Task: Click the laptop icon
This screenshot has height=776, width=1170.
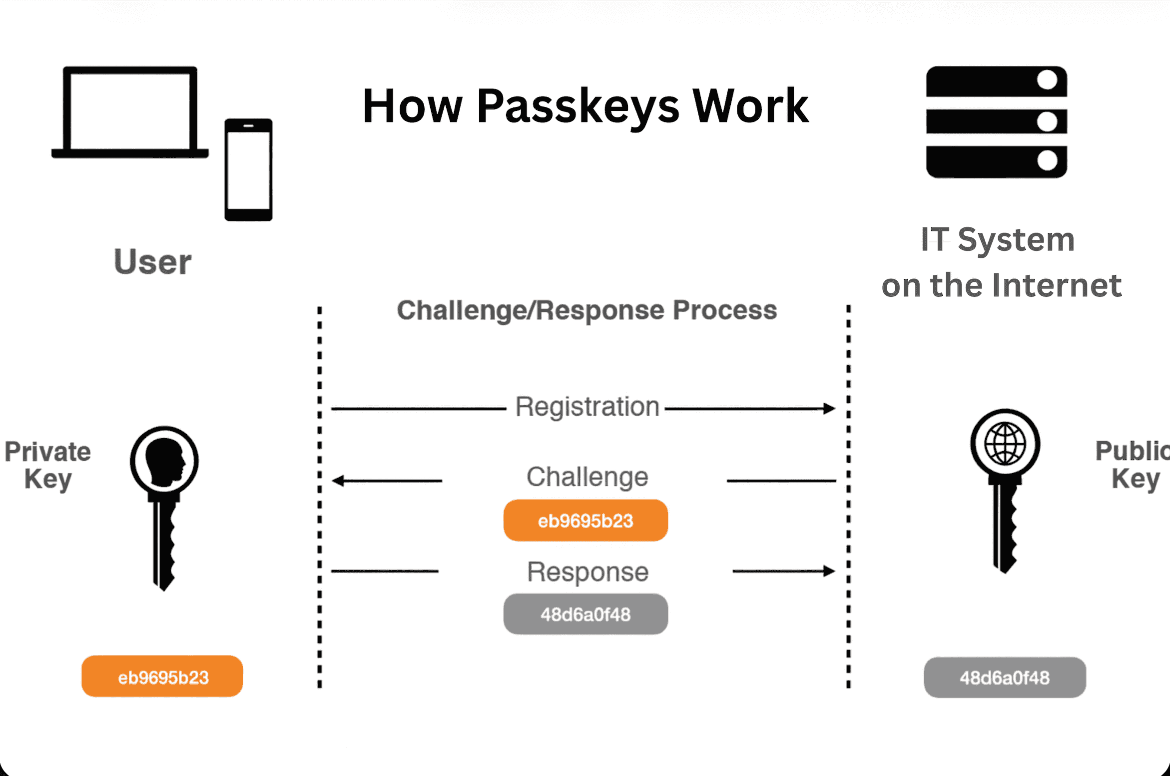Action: (130, 112)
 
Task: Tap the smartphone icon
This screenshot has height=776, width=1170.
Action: (248, 170)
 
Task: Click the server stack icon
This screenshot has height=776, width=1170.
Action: (996, 122)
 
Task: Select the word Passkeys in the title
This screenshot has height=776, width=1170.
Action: (578, 106)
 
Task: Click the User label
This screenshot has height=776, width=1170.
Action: (152, 262)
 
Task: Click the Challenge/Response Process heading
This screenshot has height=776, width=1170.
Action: (586, 310)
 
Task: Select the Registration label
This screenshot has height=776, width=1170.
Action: (587, 407)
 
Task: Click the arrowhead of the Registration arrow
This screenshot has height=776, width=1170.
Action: (829, 409)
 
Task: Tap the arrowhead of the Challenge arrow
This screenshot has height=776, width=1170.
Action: (339, 481)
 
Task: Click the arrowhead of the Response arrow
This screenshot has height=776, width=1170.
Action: (829, 571)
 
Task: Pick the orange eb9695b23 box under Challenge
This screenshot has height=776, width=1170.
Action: (585, 521)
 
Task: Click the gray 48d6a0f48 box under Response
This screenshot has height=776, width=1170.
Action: (585, 614)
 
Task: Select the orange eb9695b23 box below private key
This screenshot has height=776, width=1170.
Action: (162, 677)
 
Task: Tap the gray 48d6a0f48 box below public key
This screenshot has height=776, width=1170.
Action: (1005, 678)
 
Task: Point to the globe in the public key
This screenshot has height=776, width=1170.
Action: (1005, 444)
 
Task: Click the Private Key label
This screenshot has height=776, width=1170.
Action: (48, 465)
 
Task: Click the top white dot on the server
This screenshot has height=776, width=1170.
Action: (1047, 80)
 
